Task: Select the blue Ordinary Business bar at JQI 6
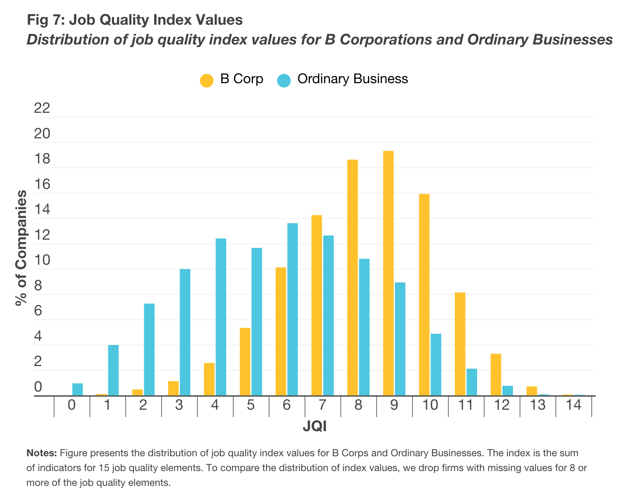(293, 309)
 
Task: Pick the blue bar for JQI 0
(77, 390)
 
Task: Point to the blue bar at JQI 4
(221, 317)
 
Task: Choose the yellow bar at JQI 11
(460, 344)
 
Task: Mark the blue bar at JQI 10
(436, 364)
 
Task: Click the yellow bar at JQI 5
(245, 362)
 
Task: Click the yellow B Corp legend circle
(206, 80)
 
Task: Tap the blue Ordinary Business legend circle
(284, 80)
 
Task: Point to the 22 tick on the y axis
(43, 109)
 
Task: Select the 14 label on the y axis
(43, 210)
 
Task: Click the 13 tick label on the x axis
(538, 405)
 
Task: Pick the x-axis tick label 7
(322, 405)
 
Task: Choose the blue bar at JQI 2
(149, 350)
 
